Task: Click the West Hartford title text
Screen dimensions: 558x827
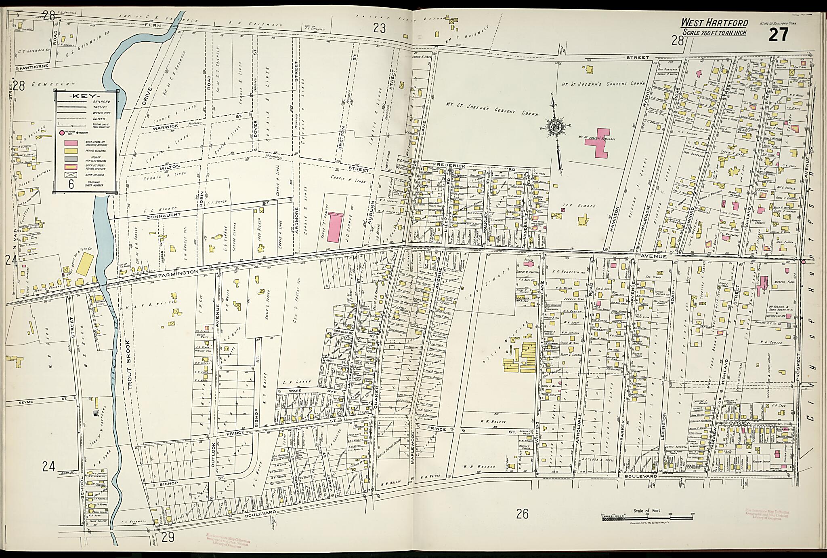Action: click(714, 23)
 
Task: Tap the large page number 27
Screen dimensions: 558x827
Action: click(778, 35)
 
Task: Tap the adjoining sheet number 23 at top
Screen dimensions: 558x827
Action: click(380, 28)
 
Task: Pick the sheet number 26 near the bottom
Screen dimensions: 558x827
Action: click(522, 514)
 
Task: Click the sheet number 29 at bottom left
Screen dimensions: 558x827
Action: click(168, 537)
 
